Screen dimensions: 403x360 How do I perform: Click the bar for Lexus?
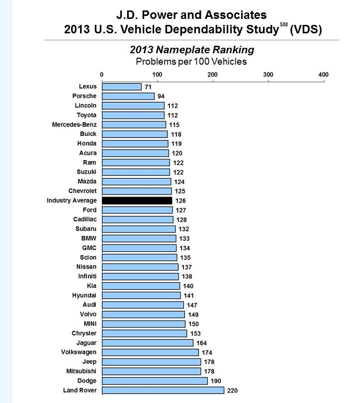pyautogui.click(x=122, y=87)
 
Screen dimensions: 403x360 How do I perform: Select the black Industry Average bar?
pyautogui.click(x=137, y=201)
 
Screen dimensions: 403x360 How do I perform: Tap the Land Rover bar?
pyautogui.click(x=163, y=390)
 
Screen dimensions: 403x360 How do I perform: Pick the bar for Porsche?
pyautogui.click(x=128, y=96)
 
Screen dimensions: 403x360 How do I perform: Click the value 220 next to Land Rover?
pyautogui.click(x=232, y=391)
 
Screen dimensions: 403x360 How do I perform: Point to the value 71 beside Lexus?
pyautogui.click(x=148, y=87)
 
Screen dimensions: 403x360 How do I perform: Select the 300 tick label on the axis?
pyautogui.click(x=268, y=75)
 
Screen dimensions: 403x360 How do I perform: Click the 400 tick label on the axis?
pyautogui.click(x=323, y=75)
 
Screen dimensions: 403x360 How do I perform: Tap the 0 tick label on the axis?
pyautogui.click(x=102, y=75)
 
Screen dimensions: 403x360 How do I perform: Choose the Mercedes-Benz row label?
pyautogui.click(x=75, y=124)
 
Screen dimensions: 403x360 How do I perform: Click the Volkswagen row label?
pyautogui.click(x=78, y=352)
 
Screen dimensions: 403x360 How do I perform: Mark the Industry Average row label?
pyautogui.click(x=72, y=201)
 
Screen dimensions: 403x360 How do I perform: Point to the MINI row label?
pyautogui.click(x=88, y=324)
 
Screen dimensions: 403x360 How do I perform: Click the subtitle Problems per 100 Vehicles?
pyautogui.click(x=191, y=62)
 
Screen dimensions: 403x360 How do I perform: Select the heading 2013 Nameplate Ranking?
pyautogui.click(x=192, y=50)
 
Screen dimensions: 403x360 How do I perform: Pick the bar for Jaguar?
pyautogui.click(x=148, y=343)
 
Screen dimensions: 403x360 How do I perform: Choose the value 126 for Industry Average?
pyautogui.click(x=181, y=201)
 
